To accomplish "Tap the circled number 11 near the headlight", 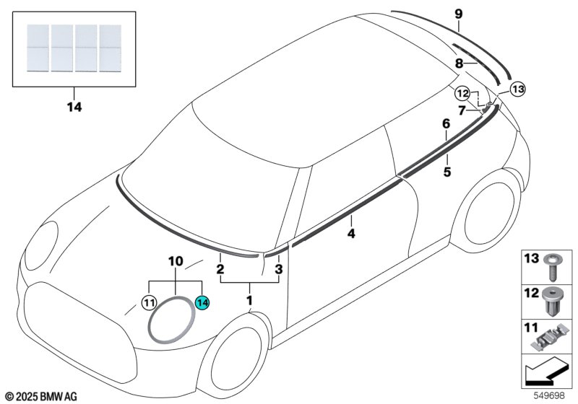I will coord(149,304).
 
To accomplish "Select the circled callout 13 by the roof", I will coord(518,89).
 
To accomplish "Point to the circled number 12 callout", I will coord(462,92).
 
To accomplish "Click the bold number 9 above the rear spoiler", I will coord(458,14).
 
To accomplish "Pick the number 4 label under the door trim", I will coord(351,234).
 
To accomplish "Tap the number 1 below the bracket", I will coord(250,299).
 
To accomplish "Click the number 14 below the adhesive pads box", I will coord(74,108).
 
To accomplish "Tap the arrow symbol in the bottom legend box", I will coord(548,374).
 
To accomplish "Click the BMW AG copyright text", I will coord(40,396).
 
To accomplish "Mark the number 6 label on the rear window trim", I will coord(446,124).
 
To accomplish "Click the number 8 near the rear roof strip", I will coord(459,63).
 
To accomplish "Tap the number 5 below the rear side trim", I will coord(447,172).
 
